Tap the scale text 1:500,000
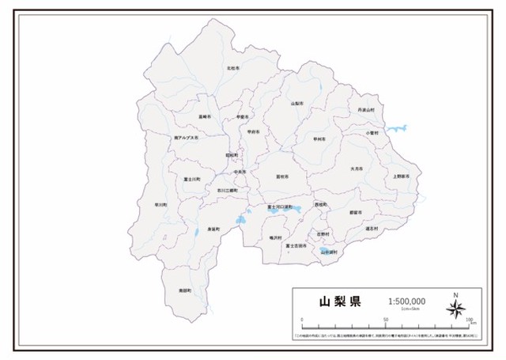[407, 301]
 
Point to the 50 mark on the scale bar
[386, 320]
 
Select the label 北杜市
[232, 69]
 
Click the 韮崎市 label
[205, 116]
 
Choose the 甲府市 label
[253, 131]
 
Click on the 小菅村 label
[372, 133]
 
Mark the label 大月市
[357, 169]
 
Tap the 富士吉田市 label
[296, 245]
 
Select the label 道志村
[373, 229]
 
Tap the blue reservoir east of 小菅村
[398, 127]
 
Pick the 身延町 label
[213, 229]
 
